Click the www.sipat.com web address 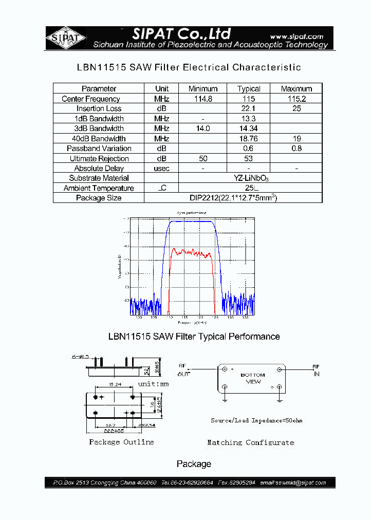point(296,36)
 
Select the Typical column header point(249,88)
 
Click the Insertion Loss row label point(99,108)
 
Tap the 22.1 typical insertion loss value point(249,108)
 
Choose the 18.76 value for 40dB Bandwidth point(249,138)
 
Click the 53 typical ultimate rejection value point(249,158)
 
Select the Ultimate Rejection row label point(99,158)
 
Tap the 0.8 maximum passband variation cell point(297,148)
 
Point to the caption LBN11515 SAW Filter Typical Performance point(194,337)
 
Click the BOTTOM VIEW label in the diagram point(253,378)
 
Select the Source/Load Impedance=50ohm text point(256,420)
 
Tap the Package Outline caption point(121,442)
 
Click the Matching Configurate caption point(251,442)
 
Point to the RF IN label point(316,370)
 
